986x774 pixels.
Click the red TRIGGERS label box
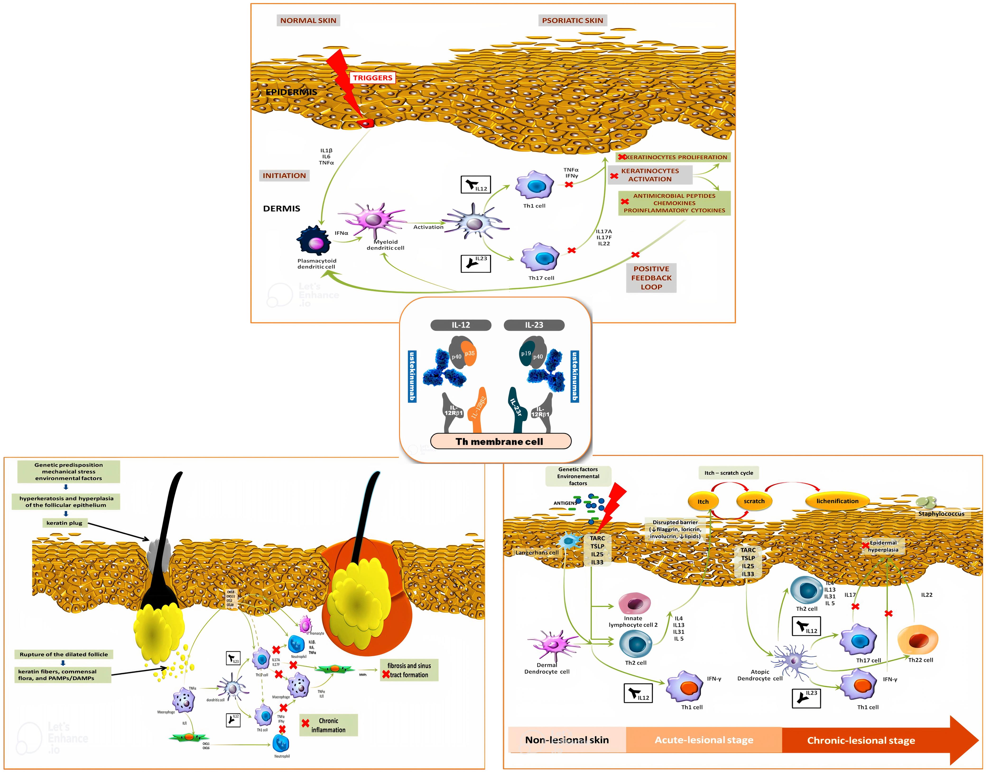click(372, 78)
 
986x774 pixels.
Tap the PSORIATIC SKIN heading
click(572, 20)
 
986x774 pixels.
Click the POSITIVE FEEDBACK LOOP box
click(651, 278)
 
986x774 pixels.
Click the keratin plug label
click(64, 523)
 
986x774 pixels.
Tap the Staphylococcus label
click(941, 514)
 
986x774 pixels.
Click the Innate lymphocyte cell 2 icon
click(634, 604)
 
